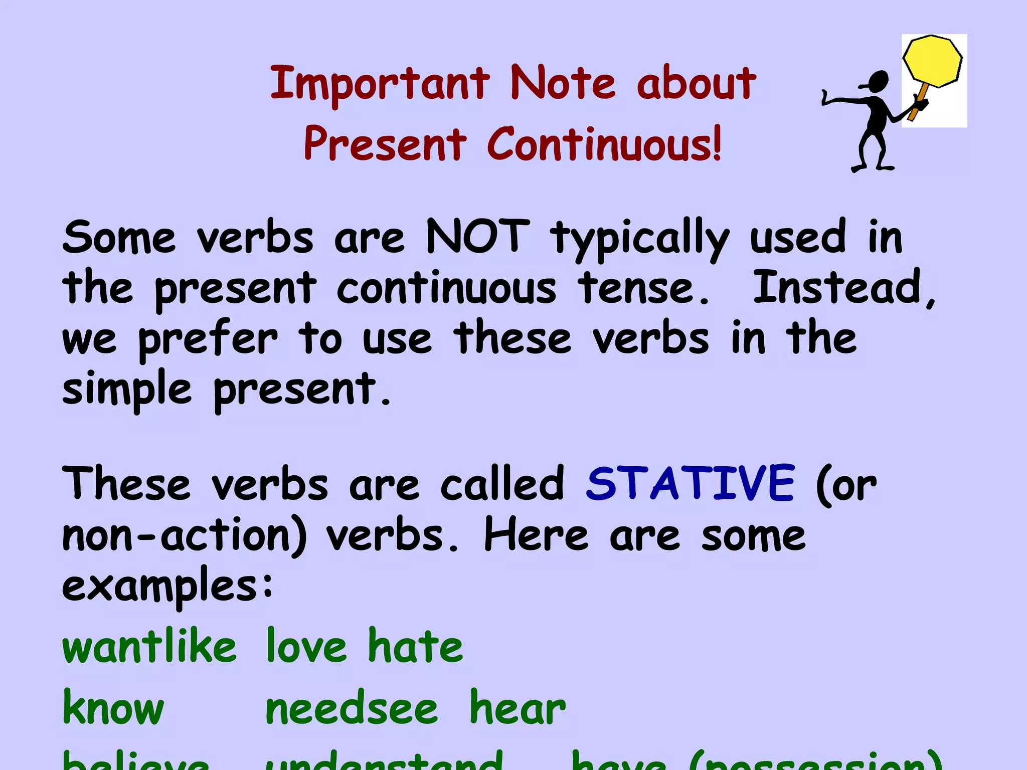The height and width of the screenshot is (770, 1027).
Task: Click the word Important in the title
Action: [380, 83]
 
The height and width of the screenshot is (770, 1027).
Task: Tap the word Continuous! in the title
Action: [604, 144]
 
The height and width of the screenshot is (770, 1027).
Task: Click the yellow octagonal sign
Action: [932, 61]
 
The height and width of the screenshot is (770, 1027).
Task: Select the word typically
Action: [639, 240]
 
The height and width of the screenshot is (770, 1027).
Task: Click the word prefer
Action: [208, 340]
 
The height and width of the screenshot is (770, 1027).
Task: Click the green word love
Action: [306, 646]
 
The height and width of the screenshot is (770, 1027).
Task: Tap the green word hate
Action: [415, 646]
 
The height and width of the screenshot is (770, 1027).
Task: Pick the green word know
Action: [113, 708]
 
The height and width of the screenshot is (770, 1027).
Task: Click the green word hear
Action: [517, 708]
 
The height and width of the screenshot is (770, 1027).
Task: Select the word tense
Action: [643, 288]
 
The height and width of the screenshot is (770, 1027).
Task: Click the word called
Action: [502, 484]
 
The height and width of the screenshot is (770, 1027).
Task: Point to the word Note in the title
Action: [562, 83]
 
